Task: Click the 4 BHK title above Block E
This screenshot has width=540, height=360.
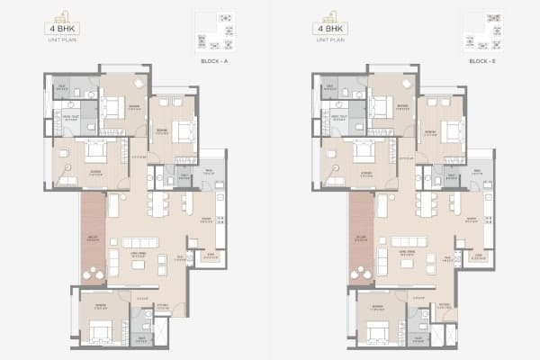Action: pyautogui.click(x=330, y=30)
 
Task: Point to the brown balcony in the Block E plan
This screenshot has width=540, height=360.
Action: pyautogui.click(x=360, y=238)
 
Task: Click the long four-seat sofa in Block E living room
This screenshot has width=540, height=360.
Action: pyautogui.click(x=409, y=241)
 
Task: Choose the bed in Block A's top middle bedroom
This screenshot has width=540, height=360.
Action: pyautogui.click(x=114, y=108)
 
